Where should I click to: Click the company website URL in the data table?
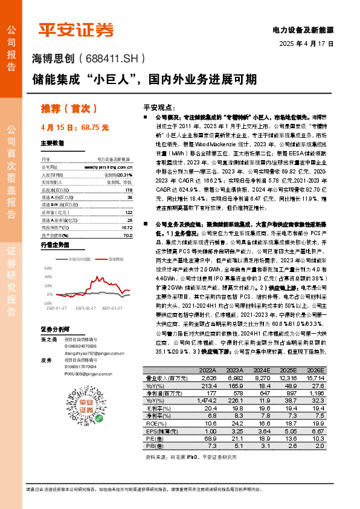109,166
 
